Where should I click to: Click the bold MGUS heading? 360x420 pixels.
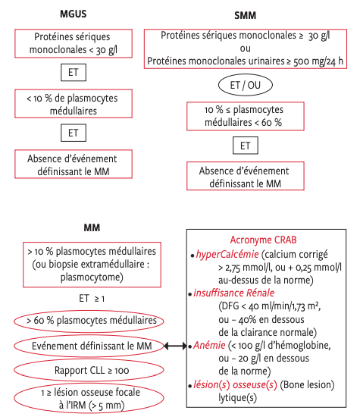tap(73, 14)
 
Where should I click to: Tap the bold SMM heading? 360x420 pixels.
tap(245, 15)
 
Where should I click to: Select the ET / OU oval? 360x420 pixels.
tap(246, 85)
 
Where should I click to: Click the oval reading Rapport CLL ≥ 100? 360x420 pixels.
tap(89, 370)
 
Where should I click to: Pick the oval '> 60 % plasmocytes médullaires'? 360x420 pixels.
tap(89, 321)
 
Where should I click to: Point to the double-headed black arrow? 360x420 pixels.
tap(175, 346)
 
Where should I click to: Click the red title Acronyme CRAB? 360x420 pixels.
tap(263, 240)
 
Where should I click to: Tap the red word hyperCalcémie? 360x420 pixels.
tap(227, 254)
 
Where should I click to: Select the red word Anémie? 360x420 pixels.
tap(209, 345)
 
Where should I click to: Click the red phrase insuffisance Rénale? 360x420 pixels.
tap(234, 293)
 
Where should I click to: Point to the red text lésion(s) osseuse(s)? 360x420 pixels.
tap(235, 385)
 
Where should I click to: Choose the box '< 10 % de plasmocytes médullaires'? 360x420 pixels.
tap(74, 104)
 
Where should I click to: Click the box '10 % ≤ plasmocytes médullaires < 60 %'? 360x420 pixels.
tap(246, 116)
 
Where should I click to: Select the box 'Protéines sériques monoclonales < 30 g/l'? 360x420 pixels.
tap(74, 43)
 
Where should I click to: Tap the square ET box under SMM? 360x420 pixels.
tap(246, 146)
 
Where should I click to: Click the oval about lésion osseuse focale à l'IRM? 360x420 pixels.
tap(89, 398)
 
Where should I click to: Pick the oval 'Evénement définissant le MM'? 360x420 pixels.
tap(89, 346)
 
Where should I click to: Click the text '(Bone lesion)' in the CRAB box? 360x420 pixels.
tap(307, 385)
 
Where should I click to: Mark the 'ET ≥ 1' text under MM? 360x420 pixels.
tap(92, 299)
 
